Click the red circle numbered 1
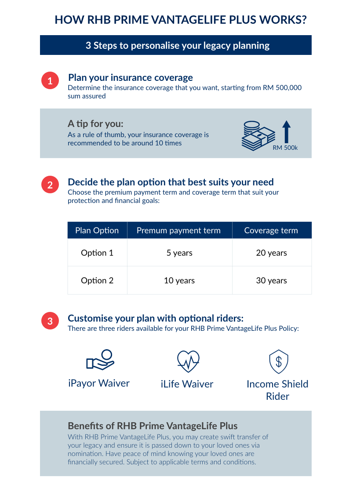point(50,81)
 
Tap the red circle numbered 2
point(50,185)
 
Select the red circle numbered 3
point(50,321)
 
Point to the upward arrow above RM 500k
point(286,131)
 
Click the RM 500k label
point(285,148)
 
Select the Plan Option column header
point(97,230)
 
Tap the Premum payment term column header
point(178,230)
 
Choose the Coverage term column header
point(271,230)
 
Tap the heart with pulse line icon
point(188,361)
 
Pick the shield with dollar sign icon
point(278,362)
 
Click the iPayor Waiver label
point(99,383)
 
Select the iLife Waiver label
point(187,384)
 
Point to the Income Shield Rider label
point(277,390)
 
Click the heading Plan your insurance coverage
point(130,78)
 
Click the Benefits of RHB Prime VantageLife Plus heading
point(153,426)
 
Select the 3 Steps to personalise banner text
point(178,45)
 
